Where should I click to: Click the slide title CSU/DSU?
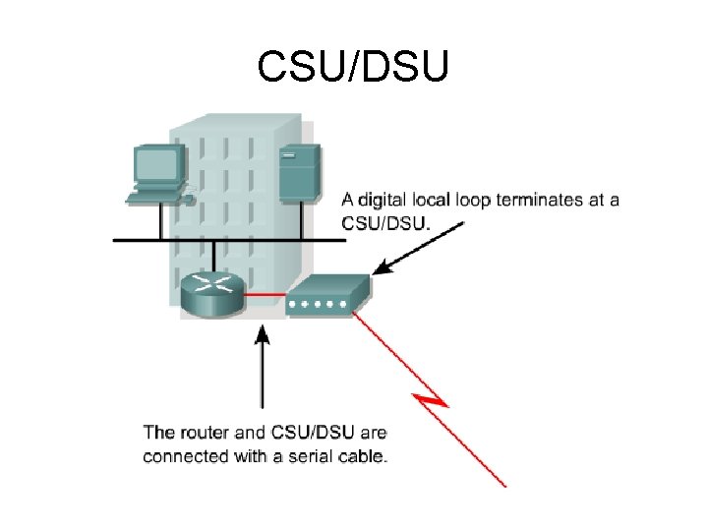tap(353, 67)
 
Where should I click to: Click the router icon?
tap(211, 291)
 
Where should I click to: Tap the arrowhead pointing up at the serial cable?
tap(262, 335)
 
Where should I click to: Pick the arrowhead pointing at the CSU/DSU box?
tap(383, 266)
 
